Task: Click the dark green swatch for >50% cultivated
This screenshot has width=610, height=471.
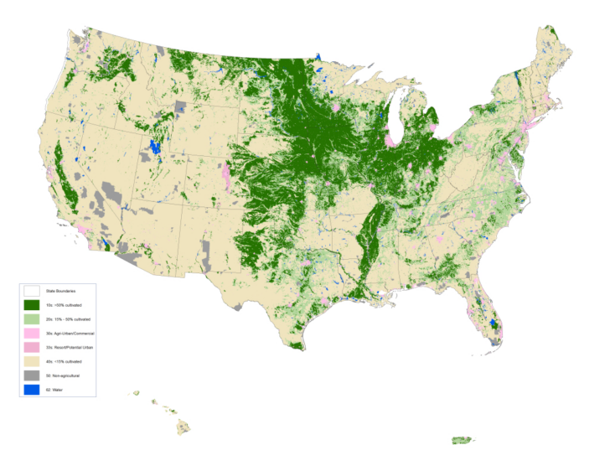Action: click(x=32, y=305)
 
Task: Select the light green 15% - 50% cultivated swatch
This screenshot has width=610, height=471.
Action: click(x=32, y=319)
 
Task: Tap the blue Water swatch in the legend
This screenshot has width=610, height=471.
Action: click(x=32, y=390)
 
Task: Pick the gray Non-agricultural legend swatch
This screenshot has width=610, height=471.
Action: click(x=32, y=375)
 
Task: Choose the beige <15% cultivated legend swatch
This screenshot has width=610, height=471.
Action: click(x=32, y=361)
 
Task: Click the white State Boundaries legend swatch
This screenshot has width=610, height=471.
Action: click(x=32, y=291)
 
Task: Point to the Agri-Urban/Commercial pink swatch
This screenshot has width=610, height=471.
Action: click(x=32, y=334)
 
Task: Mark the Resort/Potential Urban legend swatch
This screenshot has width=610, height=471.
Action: click(x=32, y=347)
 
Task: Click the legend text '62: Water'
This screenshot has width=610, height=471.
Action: click(x=54, y=390)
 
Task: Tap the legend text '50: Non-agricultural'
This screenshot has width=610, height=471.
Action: click(x=63, y=375)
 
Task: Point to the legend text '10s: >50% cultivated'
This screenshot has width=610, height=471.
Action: click(x=64, y=305)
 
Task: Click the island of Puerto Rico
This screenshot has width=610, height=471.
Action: click(x=463, y=440)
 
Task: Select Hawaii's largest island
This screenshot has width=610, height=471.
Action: click(x=183, y=427)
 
